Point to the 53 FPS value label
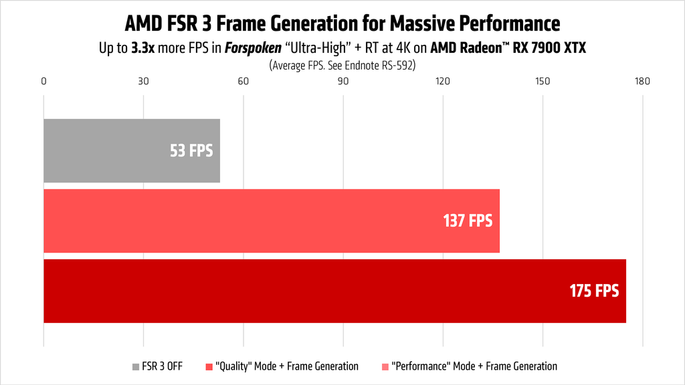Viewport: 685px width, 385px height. pyautogui.click(x=191, y=150)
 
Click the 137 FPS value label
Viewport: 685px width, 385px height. pyautogui.click(x=468, y=221)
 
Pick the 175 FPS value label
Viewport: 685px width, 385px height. pyautogui.click(x=594, y=291)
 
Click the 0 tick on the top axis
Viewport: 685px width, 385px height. pyautogui.click(x=43, y=82)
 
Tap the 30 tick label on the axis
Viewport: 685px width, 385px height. pyautogui.click(x=143, y=82)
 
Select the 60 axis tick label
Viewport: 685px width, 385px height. pyautogui.click(x=243, y=82)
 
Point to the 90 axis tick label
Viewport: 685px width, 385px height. pyautogui.click(x=343, y=82)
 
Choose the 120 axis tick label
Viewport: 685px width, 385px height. pyautogui.click(x=442, y=82)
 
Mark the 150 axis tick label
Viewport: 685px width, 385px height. pyautogui.click(x=543, y=82)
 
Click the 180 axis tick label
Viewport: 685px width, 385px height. pyautogui.click(x=642, y=82)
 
